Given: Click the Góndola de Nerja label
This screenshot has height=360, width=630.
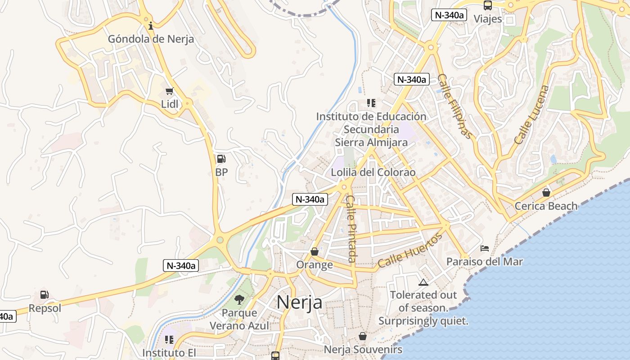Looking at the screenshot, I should pos(151,39).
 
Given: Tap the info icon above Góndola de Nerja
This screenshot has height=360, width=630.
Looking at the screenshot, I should pos(151,26).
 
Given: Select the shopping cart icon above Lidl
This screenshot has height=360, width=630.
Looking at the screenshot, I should pos(169,91).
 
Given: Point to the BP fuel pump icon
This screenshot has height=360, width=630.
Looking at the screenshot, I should pos(221,158).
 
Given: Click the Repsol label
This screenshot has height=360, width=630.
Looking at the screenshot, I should pos(45,309).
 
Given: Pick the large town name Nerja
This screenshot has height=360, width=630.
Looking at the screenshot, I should pos(299,302).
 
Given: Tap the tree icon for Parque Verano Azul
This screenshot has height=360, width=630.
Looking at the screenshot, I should pos(239,299).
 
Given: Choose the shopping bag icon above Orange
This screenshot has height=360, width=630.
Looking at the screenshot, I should pos(315,252).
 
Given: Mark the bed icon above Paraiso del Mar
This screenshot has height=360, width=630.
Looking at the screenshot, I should pos(485,248).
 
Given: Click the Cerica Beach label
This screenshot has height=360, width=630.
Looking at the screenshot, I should pos(546,206).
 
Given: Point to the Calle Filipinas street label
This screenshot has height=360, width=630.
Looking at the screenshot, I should pos(455,106).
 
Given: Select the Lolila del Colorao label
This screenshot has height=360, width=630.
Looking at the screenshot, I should pos(373,172).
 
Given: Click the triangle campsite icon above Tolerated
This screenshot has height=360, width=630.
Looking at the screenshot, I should pos(423,282).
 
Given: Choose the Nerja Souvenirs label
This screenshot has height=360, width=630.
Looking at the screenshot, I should pos(363,350).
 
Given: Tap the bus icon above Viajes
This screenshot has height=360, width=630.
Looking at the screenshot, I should pos(488,5).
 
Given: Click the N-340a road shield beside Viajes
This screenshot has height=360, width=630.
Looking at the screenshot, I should pos(449,15).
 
